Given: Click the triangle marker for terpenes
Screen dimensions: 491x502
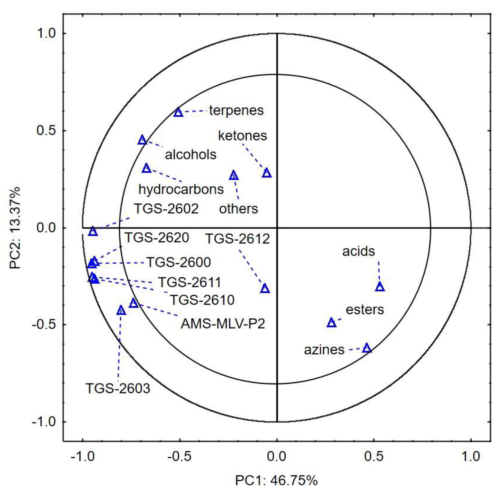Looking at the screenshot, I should pyautogui.click(x=178, y=112).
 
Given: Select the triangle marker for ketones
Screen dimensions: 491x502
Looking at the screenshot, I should pyautogui.click(x=267, y=173).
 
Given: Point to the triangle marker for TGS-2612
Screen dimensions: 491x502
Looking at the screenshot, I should pyautogui.click(x=265, y=289).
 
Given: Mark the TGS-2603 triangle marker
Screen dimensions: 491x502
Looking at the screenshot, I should pyautogui.click(x=121, y=311).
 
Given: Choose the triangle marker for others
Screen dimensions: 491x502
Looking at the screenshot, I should pyautogui.click(x=234, y=176).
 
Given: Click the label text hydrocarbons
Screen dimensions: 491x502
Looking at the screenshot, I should pyautogui.click(x=181, y=190).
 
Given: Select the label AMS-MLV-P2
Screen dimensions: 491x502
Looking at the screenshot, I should pyautogui.click(x=223, y=324).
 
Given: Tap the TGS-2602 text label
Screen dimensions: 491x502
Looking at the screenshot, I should pyautogui.click(x=166, y=209).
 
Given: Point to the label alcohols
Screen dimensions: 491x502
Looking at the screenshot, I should pyautogui.click(x=191, y=155).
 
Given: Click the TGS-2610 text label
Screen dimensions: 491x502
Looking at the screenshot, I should pyautogui.click(x=202, y=300).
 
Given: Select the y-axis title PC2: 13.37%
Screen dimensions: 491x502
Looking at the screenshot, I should pyautogui.click(x=15, y=228).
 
